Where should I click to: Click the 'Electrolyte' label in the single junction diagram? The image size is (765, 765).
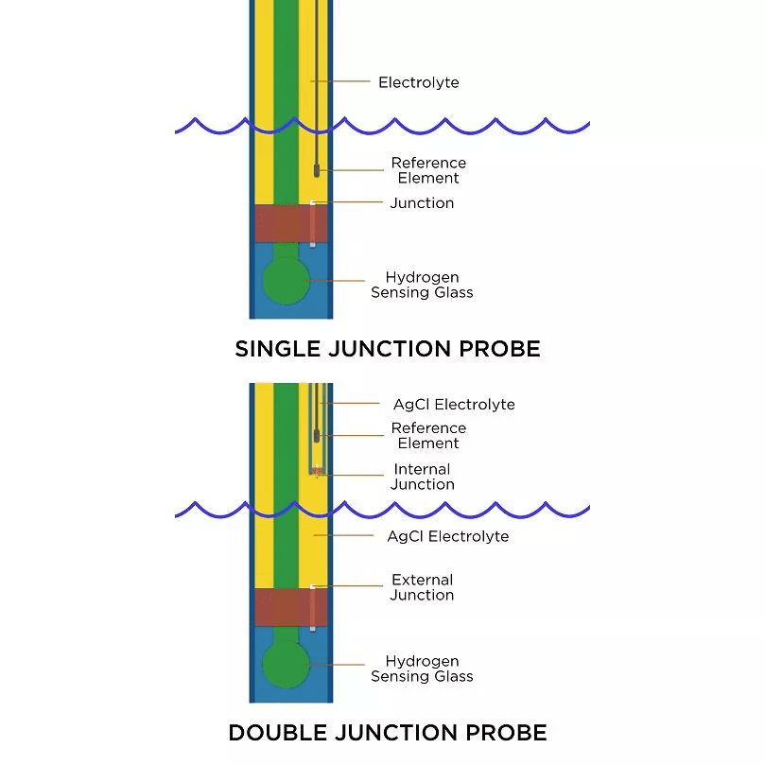click(x=418, y=82)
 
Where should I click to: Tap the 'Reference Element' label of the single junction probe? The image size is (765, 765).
click(x=428, y=170)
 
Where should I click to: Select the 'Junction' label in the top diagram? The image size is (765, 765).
click(x=422, y=203)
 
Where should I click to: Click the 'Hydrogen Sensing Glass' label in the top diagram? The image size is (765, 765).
click(x=422, y=285)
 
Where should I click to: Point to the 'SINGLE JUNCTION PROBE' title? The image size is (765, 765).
click(x=388, y=349)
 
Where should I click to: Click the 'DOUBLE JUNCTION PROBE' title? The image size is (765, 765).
click(x=388, y=733)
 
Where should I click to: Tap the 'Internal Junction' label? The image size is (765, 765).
click(x=422, y=477)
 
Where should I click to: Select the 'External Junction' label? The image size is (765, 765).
click(x=422, y=587)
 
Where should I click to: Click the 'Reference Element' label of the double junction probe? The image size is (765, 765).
click(x=428, y=435)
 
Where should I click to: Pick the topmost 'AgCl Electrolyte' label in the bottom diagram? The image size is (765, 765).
click(x=454, y=405)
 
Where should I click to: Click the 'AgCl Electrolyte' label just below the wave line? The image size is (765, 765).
click(x=447, y=536)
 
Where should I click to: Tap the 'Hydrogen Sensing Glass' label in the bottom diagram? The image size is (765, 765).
click(x=422, y=669)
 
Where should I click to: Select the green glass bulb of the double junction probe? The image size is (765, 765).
click(x=286, y=666)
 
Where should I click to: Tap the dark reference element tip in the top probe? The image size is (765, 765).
click(x=317, y=171)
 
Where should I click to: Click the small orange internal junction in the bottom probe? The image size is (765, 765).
click(x=319, y=471)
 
